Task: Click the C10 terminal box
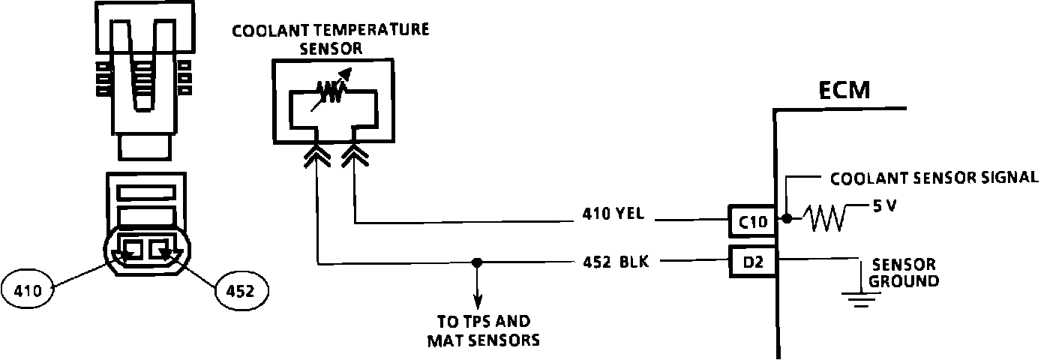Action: (x=751, y=220)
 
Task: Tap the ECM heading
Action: (x=844, y=91)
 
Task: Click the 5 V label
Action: (x=885, y=205)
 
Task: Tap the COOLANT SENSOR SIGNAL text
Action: (x=934, y=178)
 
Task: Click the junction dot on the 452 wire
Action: (x=476, y=262)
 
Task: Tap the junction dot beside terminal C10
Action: (x=786, y=219)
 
